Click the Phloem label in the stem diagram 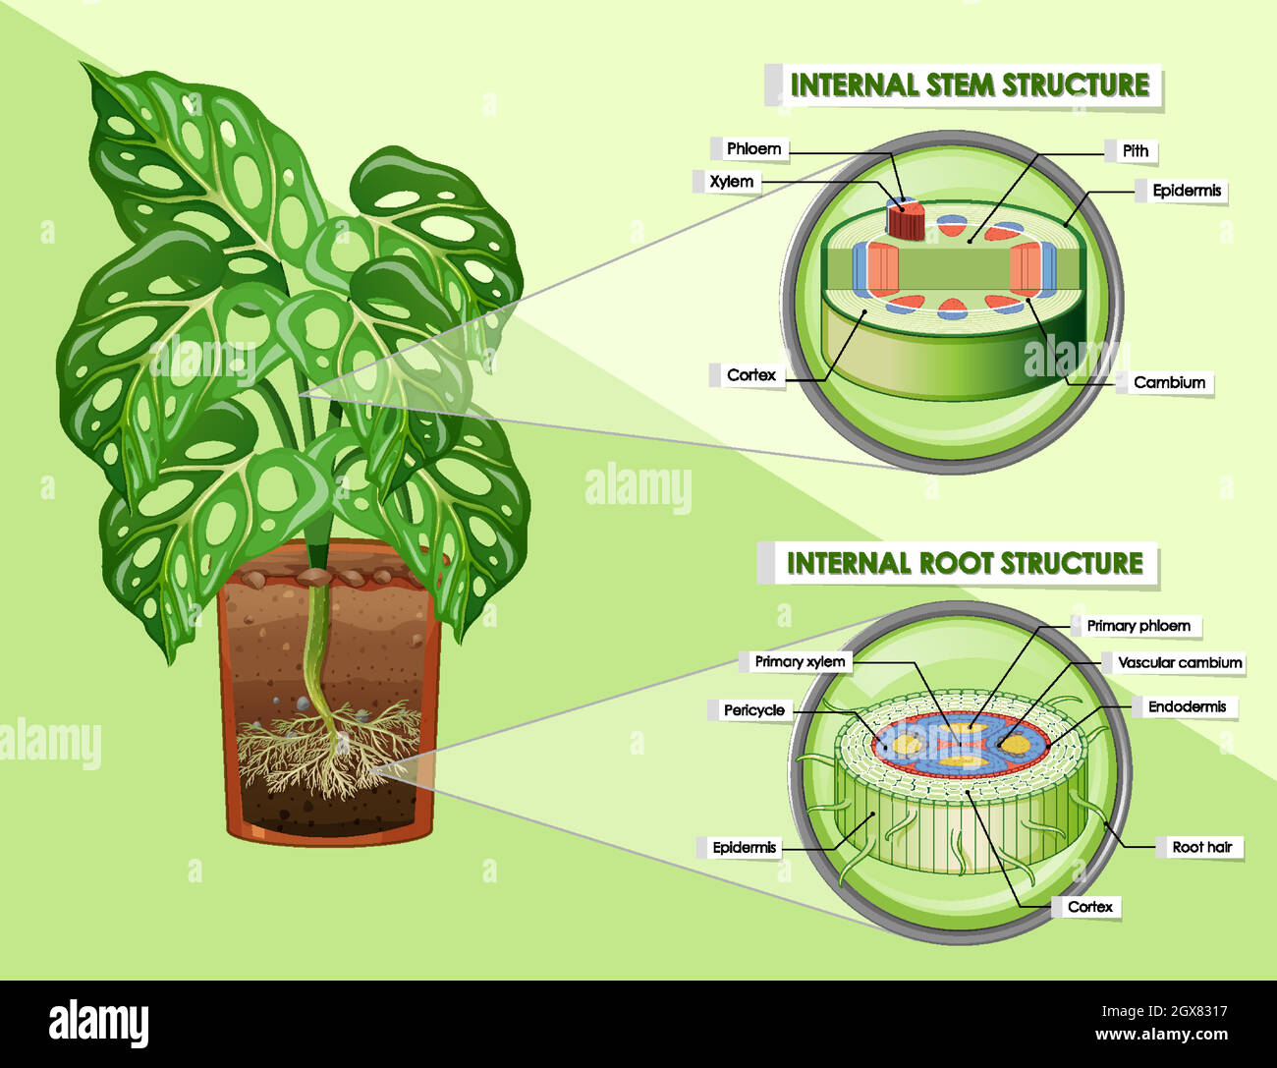coord(753,149)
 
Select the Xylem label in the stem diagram coord(732,182)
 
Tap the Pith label coord(1136,150)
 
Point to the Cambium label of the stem coord(1169,382)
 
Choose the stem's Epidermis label coord(1187,191)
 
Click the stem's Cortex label coord(751,375)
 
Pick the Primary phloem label coord(1138,626)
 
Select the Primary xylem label coord(800,662)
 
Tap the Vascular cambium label coord(1180,663)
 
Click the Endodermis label coord(1187,706)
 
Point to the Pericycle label coord(754,710)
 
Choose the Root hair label coord(1201,847)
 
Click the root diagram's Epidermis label coord(744,848)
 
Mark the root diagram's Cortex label coord(1089,907)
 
